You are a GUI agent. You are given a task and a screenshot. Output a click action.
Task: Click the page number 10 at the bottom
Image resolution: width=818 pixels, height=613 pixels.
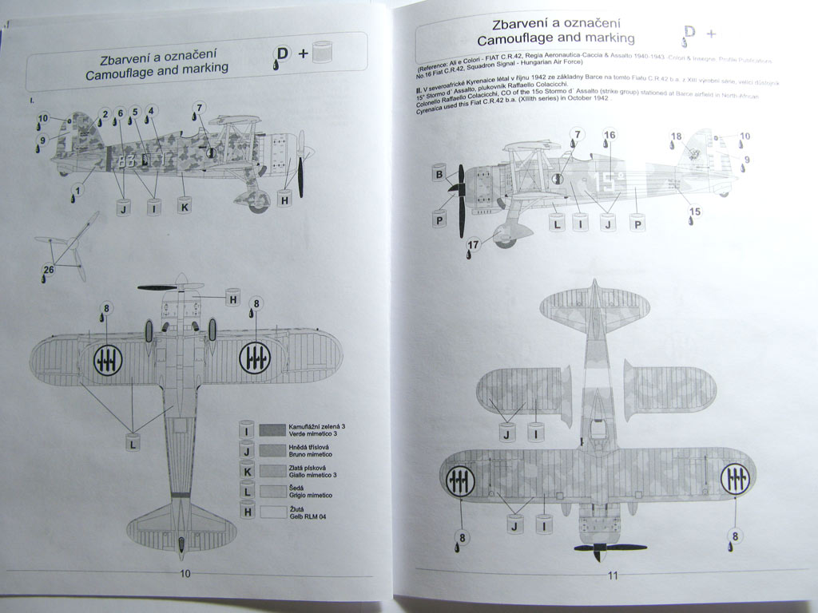point(185,572)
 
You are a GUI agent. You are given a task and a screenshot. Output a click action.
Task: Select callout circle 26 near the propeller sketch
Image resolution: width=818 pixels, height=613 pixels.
point(49,270)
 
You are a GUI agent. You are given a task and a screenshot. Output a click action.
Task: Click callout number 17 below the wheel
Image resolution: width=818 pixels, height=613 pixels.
point(474,245)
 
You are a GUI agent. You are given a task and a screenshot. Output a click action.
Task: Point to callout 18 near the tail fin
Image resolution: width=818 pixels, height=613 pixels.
point(677,136)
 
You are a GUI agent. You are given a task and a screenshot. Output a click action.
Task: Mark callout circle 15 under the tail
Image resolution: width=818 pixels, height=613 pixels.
point(695,211)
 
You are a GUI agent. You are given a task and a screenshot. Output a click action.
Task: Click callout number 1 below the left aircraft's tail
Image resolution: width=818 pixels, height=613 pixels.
point(77,190)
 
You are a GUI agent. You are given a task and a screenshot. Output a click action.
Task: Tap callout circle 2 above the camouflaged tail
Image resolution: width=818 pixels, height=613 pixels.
point(104,114)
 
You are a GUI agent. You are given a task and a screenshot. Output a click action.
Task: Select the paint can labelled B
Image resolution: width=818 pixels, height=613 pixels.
point(438,174)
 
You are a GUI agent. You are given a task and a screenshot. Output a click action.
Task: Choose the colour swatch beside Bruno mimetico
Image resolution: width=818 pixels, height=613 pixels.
point(273,450)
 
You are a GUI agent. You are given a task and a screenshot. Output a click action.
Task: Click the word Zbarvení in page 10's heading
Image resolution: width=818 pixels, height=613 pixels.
point(129,59)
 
